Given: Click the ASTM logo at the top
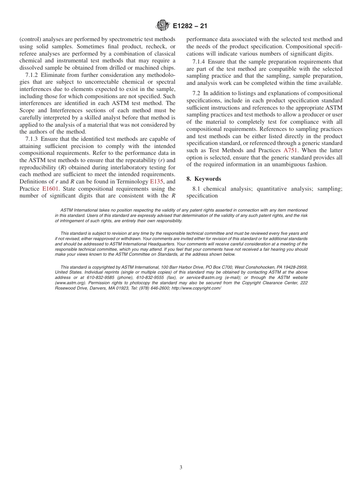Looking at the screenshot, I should pos(163,26).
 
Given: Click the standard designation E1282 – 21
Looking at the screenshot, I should pos(190,26).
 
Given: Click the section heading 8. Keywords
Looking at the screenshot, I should pos(203,179).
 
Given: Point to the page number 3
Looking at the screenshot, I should pos(181,467).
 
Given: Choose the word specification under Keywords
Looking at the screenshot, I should pos(202,196).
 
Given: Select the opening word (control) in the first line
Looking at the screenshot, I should pos(30,39).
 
